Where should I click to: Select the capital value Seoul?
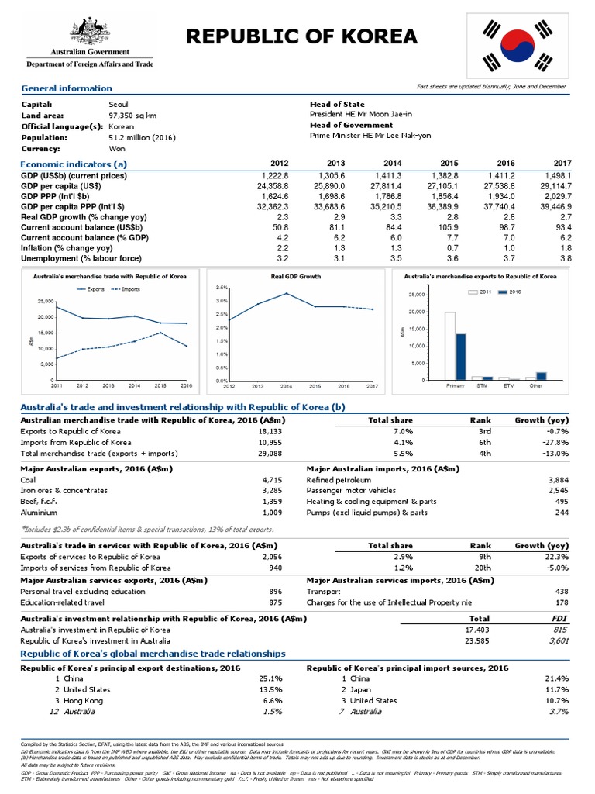pyautogui.click(x=119, y=103)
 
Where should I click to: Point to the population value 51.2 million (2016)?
pyautogui.click(x=143, y=137)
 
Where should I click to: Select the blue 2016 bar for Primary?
pyautogui.click(x=461, y=356)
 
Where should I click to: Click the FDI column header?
pyautogui.click(x=559, y=618)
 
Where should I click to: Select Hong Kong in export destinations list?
pyautogui.click(x=89, y=699)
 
